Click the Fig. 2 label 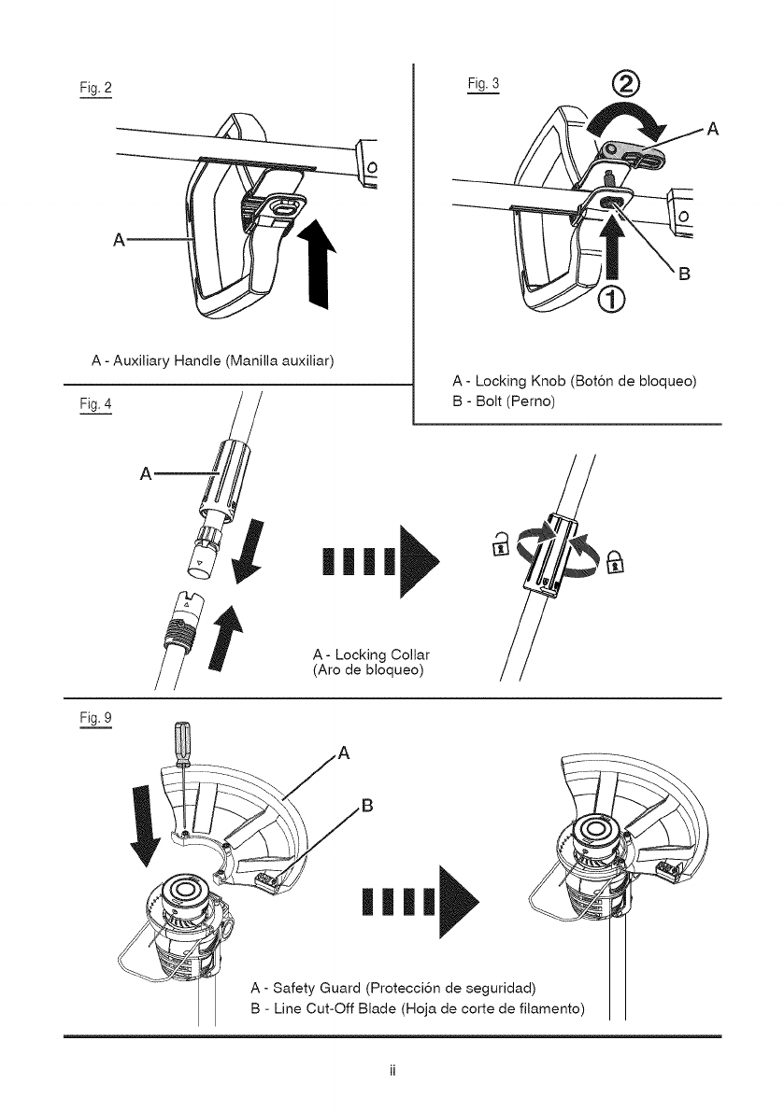pos(96,88)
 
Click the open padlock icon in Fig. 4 pos(499,541)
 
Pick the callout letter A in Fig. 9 pos(343,753)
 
